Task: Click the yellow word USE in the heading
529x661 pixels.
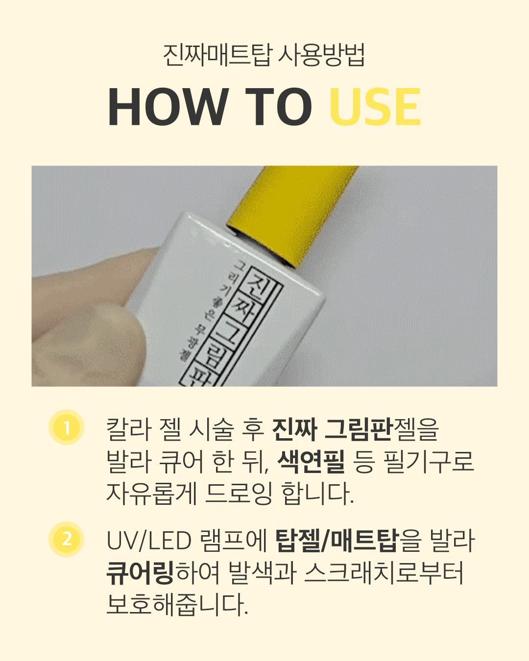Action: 375,107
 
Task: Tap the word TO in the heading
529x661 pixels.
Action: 278,107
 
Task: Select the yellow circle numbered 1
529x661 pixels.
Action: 67,427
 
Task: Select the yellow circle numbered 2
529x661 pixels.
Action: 67,540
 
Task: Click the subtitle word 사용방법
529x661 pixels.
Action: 321,55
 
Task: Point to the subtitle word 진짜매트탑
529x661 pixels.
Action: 216,55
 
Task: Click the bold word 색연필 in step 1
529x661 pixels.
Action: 311,462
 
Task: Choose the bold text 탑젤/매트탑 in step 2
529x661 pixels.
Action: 337,541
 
